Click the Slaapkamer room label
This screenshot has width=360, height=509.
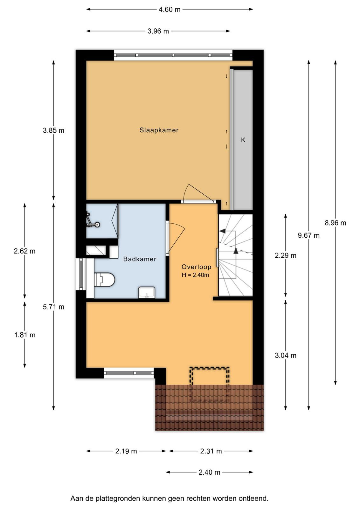(159, 130)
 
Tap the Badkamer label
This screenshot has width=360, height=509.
(140, 259)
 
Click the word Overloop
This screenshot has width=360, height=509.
(196, 267)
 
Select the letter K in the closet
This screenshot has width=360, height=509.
(243, 140)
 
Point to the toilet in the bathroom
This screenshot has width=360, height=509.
(105, 279)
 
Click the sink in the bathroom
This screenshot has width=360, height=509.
(147, 292)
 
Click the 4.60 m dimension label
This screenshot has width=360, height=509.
(170, 10)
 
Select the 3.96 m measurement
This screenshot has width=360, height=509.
(158, 31)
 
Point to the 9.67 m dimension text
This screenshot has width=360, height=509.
(309, 236)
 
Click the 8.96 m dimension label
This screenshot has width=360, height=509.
(335, 223)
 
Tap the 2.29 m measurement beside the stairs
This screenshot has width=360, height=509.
(286, 256)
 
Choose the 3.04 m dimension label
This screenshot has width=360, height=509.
(286, 355)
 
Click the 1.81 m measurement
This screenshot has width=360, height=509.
(25, 335)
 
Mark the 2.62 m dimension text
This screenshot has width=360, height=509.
(25, 251)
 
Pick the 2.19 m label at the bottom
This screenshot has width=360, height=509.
(126, 451)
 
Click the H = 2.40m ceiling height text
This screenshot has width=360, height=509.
(195, 275)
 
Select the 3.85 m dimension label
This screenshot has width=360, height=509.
(54, 131)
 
